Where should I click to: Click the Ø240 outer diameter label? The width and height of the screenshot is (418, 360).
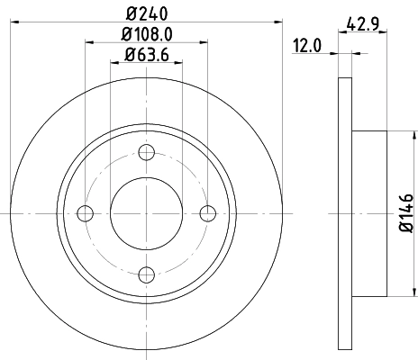(x=147, y=13)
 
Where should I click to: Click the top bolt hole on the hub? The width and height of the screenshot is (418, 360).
(x=147, y=152)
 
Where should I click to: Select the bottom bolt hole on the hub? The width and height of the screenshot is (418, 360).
(x=147, y=274)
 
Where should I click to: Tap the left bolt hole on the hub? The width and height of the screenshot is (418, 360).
(x=86, y=213)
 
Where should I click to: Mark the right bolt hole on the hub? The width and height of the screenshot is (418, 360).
(x=208, y=213)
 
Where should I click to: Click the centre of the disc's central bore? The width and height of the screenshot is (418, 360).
(x=147, y=213)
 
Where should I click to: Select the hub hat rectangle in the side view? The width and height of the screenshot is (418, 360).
(x=368, y=213)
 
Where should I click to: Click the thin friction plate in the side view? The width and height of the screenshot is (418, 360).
(x=344, y=213)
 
